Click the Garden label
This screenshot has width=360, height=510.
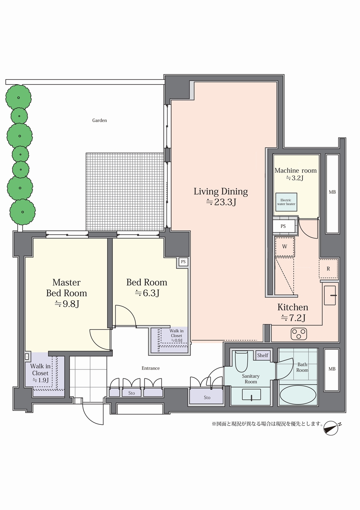click(x=99, y=121)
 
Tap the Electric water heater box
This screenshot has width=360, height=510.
click(x=286, y=202)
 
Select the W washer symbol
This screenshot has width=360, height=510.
click(x=285, y=246)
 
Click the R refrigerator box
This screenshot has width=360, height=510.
click(x=328, y=269)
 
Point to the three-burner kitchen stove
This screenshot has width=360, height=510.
click(x=299, y=334)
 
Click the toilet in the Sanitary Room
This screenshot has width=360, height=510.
click(x=241, y=361)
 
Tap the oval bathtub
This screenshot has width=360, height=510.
click(x=298, y=394)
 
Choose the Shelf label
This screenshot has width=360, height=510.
click(x=263, y=355)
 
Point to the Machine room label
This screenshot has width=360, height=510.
click(x=295, y=170)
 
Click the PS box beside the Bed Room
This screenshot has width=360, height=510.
click(x=183, y=262)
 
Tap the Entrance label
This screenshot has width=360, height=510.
click(x=151, y=368)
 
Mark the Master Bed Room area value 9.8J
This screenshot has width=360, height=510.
click(x=67, y=304)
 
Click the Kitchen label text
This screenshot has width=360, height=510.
click(x=293, y=307)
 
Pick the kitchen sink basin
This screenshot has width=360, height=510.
click(x=330, y=295)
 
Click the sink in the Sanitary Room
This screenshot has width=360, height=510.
click(x=251, y=394)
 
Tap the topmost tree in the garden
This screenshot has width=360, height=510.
click(x=19, y=98)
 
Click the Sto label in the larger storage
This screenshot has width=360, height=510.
click(x=207, y=398)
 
